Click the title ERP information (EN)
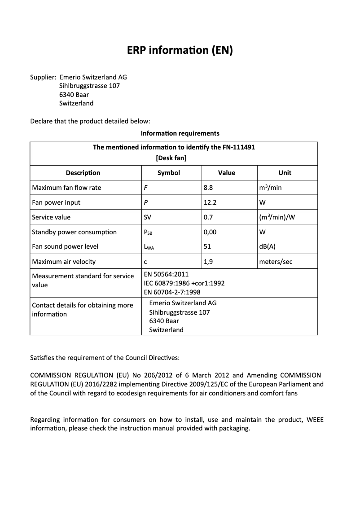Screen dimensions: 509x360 tap(180, 51)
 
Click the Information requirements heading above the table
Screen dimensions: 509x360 tap(180, 133)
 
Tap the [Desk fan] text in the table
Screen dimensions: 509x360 tap(171, 158)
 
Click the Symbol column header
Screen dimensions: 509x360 tap(169, 173)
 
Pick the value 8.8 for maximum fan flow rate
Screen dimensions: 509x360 tap(208, 188)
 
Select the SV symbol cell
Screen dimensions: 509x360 tap(147, 217)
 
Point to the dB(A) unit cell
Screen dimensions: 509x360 tap(268, 246)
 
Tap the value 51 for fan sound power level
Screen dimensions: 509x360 tap(207, 246)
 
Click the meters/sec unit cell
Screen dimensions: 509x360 tap(276, 262)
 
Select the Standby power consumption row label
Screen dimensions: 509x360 tap(74, 232)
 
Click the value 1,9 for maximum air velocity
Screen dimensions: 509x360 tap(208, 262)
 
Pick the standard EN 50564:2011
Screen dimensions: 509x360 tap(166, 274)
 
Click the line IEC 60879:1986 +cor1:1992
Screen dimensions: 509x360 tap(184, 283)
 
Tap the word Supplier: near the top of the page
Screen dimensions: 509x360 tap(43, 77)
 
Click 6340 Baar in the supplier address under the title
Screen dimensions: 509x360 tap(74, 95)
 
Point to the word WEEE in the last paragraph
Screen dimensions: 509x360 tap(315, 420)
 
